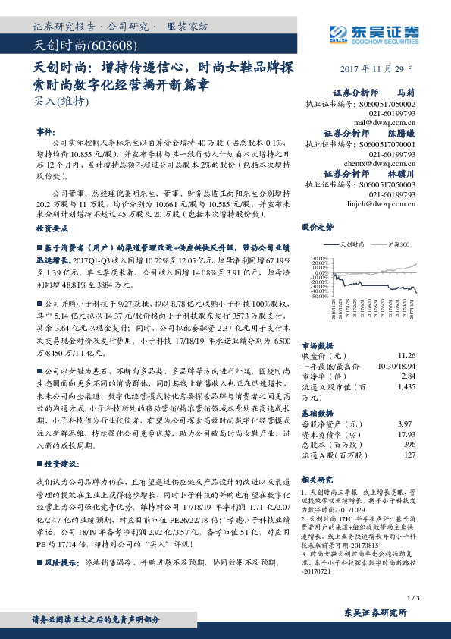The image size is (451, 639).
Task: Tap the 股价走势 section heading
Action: tap(317, 226)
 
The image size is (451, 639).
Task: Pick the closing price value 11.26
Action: tap(407, 355)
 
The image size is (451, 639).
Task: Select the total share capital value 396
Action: tap(410, 444)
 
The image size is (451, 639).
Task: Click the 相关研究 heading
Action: tap(317, 480)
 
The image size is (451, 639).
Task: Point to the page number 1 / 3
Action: tap(412, 599)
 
